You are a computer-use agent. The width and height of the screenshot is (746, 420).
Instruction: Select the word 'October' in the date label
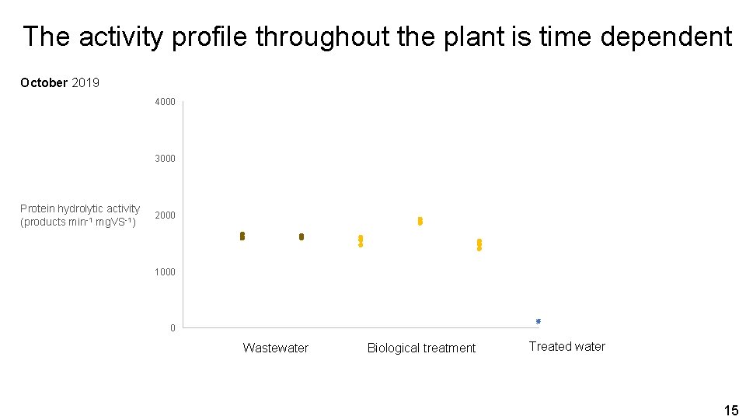coord(44,82)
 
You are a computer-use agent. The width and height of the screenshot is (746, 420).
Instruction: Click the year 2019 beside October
coord(85,82)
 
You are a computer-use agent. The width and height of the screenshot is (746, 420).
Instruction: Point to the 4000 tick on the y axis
coord(165,102)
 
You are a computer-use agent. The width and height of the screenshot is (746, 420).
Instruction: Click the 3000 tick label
coord(165,159)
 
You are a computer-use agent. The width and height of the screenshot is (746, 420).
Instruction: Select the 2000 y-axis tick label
coord(165,215)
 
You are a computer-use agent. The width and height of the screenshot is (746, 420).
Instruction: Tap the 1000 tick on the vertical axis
coord(165,272)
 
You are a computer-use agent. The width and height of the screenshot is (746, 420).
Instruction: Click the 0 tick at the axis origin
coord(173,328)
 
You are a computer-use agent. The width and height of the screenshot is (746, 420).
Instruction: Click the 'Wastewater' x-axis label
coord(275,348)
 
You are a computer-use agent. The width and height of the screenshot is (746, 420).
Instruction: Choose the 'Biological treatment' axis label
coord(421,348)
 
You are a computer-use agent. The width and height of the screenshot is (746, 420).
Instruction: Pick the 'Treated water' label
coord(566,346)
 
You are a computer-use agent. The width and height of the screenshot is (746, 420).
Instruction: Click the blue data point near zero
coord(538,321)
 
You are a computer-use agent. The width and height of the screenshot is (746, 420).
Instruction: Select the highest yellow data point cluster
coord(420,222)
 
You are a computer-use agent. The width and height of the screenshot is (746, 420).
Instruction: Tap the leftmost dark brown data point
coord(242,236)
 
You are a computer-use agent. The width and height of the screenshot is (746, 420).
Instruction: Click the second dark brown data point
coord(302,236)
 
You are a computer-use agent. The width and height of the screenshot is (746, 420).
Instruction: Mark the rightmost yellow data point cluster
coord(479,245)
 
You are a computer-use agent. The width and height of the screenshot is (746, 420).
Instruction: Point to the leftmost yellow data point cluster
coord(361,240)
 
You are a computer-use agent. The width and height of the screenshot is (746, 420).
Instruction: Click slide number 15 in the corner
coord(730,410)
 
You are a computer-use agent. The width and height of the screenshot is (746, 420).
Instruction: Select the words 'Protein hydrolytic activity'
coord(80,208)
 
